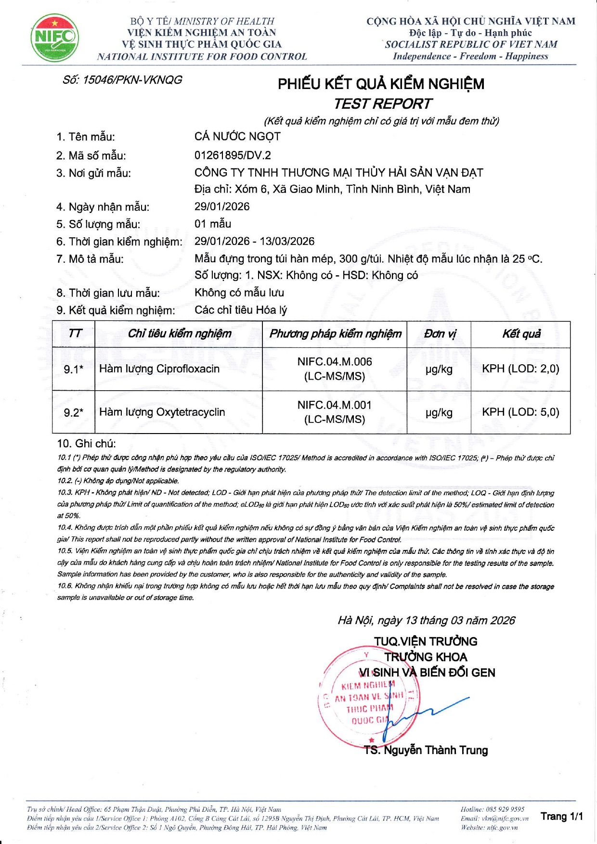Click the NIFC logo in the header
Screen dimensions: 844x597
tap(54, 38)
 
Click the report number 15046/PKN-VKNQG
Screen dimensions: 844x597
tap(122, 80)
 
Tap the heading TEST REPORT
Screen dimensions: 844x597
tap(383, 104)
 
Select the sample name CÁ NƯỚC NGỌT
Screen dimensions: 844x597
tap(237, 137)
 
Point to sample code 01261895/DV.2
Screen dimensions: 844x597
tap(233, 155)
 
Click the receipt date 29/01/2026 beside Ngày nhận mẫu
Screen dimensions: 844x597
tap(222, 207)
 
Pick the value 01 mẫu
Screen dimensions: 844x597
tap(213, 224)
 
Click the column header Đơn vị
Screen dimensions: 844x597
tap(439, 334)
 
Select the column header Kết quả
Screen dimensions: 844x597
tap(521, 334)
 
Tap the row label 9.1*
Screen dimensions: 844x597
tap(73, 370)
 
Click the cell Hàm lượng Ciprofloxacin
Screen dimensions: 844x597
tap(159, 369)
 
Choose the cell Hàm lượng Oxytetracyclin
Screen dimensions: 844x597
tap(162, 412)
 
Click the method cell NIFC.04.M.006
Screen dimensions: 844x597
tap(335, 362)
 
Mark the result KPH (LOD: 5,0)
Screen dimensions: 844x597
tap(520, 412)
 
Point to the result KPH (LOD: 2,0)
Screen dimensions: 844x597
tap(520, 369)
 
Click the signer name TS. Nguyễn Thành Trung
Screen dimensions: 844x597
tap(426, 750)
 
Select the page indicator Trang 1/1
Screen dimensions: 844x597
tap(561, 816)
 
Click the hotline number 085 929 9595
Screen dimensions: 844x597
tap(505, 809)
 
